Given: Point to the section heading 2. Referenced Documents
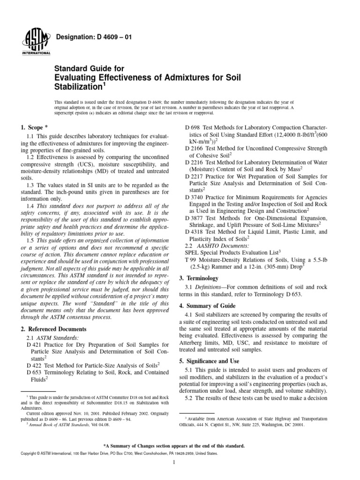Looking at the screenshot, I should pos(54,330).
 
